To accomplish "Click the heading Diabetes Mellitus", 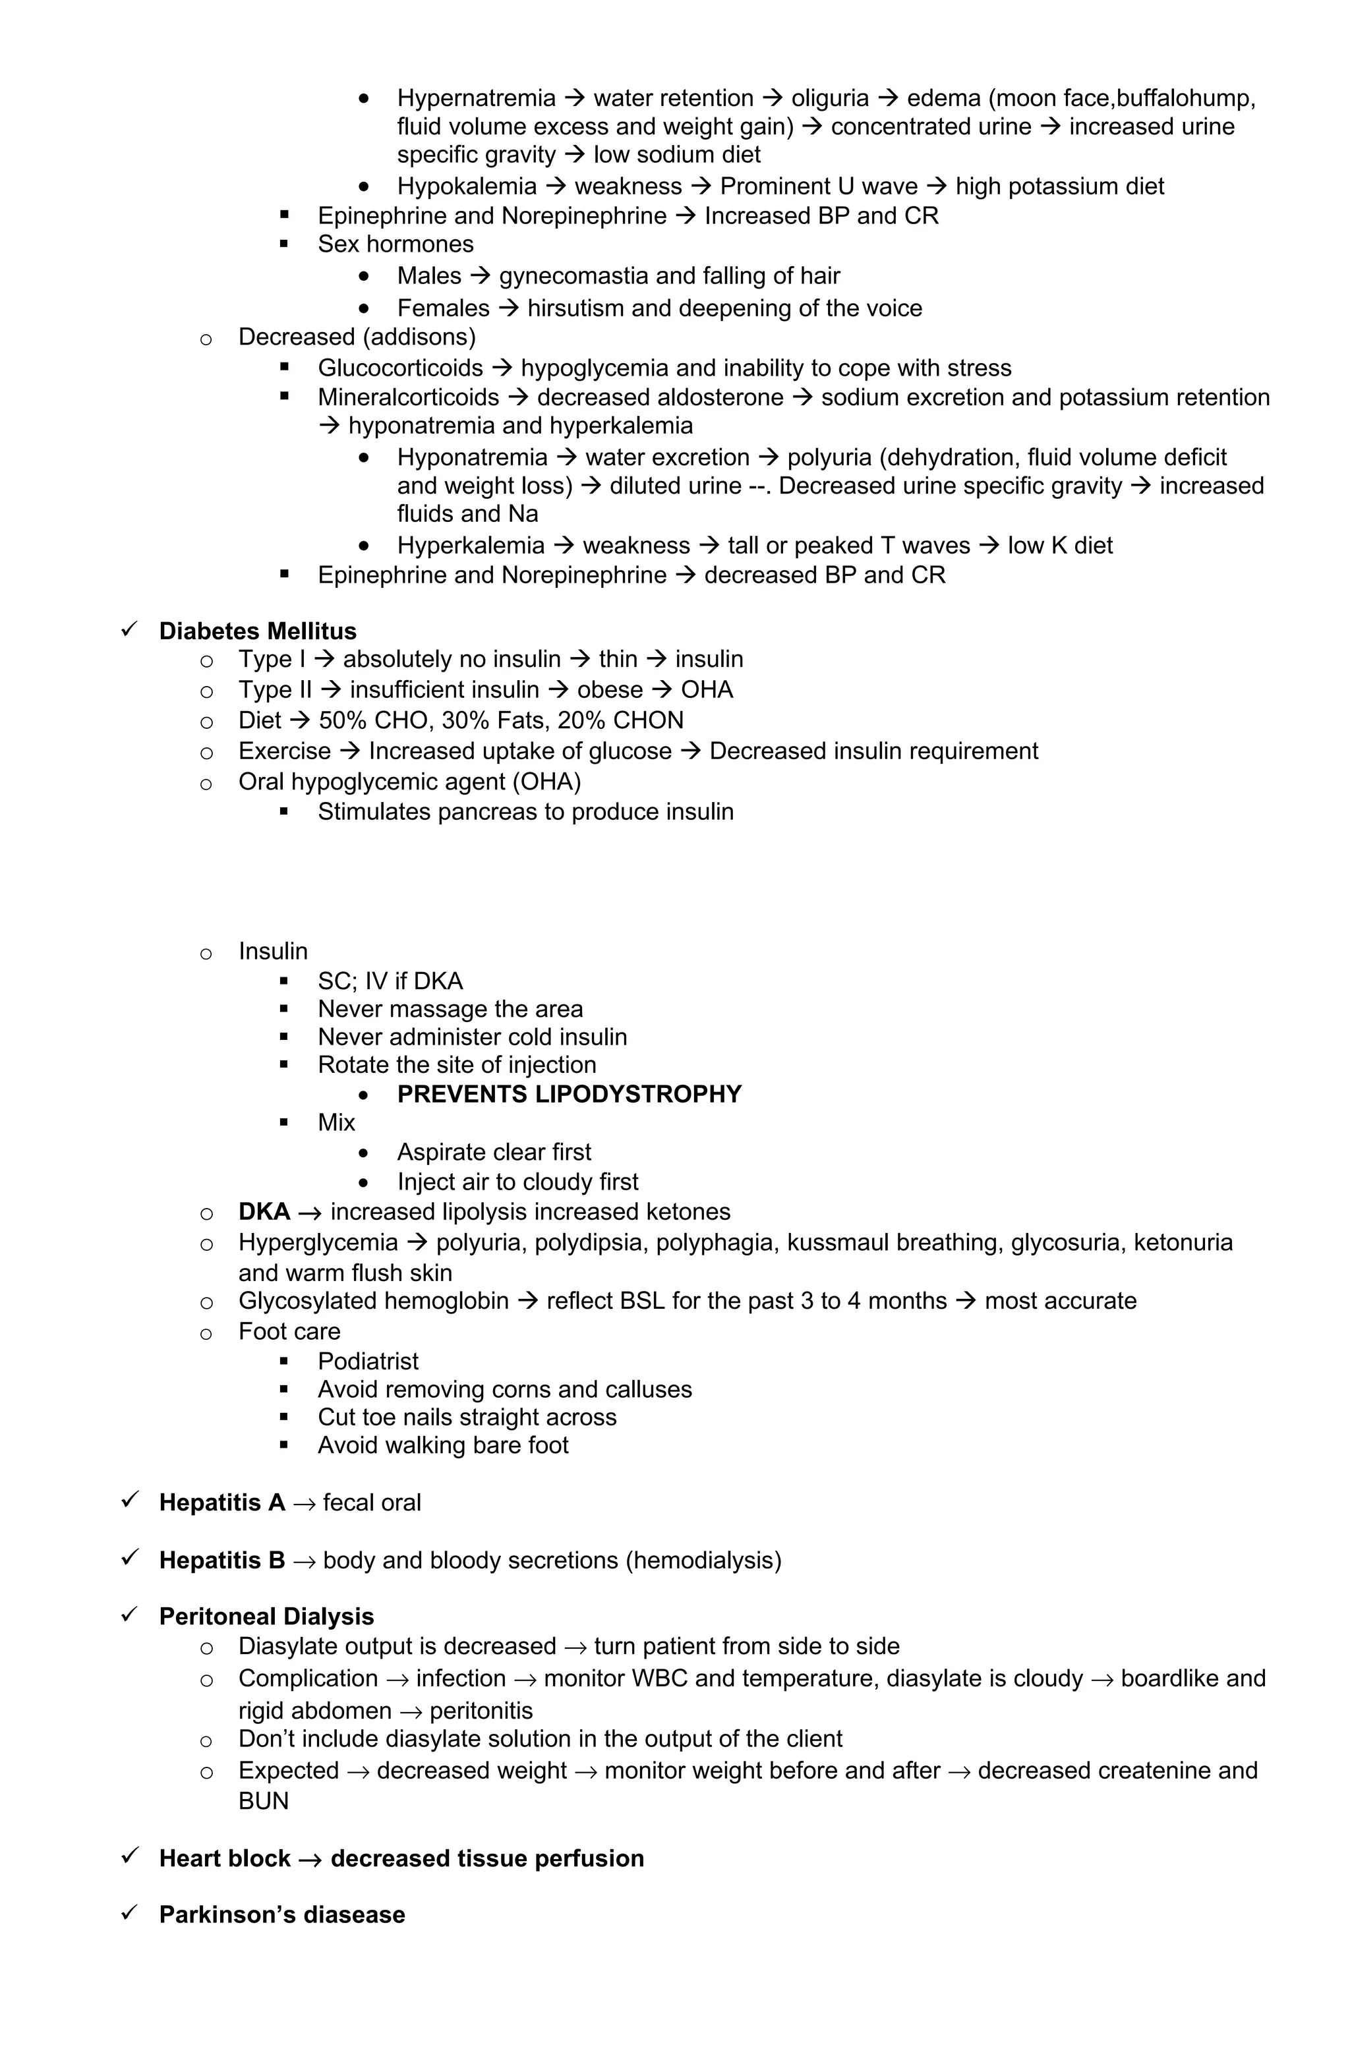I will point(258,631).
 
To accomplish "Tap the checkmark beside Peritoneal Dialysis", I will point(130,1614).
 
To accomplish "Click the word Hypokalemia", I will point(467,186).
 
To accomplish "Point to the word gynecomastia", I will point(573,275).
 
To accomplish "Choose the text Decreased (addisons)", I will point(357,337).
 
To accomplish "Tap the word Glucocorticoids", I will point(400,368).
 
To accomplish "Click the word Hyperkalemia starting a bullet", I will point(470,546).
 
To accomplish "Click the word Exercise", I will point(285,751).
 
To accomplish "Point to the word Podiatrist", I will point(368,1361).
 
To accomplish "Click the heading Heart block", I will point(225,1858).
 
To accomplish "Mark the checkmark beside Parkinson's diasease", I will point(130,1912).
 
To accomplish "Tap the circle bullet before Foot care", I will point(206,1333).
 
